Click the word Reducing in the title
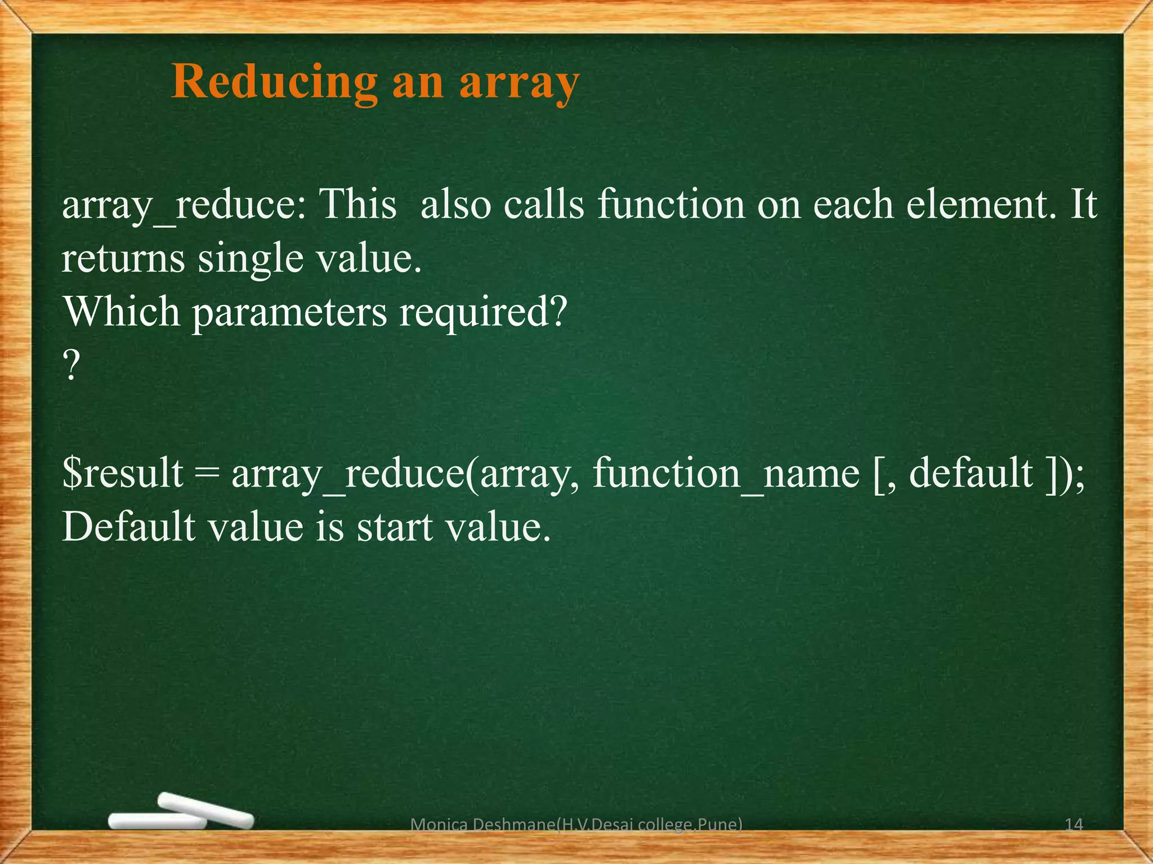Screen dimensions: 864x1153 [274, 83]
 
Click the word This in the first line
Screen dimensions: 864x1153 [358, 204]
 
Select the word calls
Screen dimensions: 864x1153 [544, 204]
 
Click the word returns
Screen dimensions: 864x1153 [123, 259]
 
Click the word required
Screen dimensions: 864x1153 [482, 313]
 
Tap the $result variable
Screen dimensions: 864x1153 [123, 473]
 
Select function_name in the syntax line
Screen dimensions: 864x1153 [726, 474]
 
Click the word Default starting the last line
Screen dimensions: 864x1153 [128, 528]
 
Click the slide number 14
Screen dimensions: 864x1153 [1074, 825]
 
